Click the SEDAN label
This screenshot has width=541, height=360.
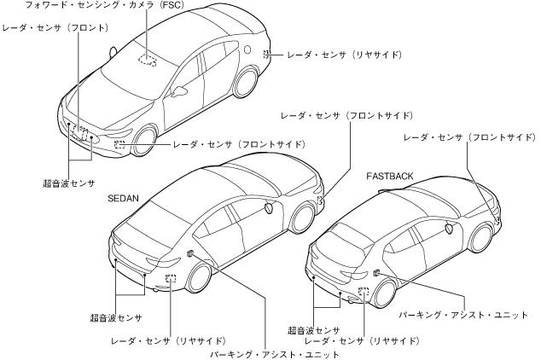[124, 198]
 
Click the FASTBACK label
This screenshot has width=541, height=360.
[390, 176]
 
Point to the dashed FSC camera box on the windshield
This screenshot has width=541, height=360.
[148, 59]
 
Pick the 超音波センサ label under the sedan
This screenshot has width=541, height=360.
[116, 317]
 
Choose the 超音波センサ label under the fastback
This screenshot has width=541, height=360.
[314, 329]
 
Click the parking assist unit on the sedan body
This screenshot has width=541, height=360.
[189, 254]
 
